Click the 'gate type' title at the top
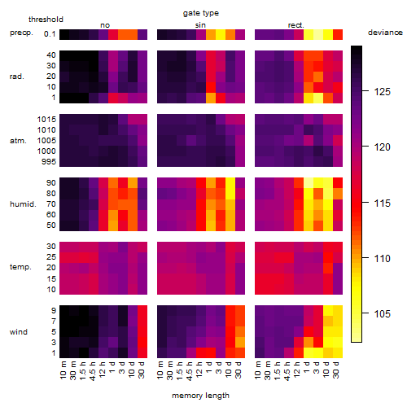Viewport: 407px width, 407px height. click(x=201, y=13)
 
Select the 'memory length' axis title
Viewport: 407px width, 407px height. click(x=200, y=396)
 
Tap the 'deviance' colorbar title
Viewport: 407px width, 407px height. click(x=385, y=33)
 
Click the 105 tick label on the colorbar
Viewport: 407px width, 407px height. click(x=383, y=314)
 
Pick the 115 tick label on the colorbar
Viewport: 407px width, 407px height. click(x=383, y=203)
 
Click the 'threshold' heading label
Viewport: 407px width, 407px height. click(x=46, y=20)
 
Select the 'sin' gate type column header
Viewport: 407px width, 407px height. click(x=200, y=25)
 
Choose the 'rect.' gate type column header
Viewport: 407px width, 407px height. click(x=295, y=25)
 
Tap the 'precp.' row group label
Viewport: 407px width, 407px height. click(x=21, y=33)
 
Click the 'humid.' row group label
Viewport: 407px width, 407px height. click(x=23, y=203)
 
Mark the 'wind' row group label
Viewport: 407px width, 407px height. click(x=19, y=332)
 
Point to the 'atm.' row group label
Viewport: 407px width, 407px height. click(x=18, y=141)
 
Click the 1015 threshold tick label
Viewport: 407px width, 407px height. click(x=46, y=120)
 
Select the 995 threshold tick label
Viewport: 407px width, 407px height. click(x=49, y=162)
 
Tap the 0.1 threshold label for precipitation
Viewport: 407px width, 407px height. click(x=50, y=34)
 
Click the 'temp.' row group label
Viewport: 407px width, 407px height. click(x=20, y=267)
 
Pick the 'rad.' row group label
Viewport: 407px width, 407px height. click(x=16, y=77)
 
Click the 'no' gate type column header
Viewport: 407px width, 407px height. click(x=105, y=25)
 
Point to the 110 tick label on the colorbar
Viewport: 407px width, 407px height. click(x=383, y=259)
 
